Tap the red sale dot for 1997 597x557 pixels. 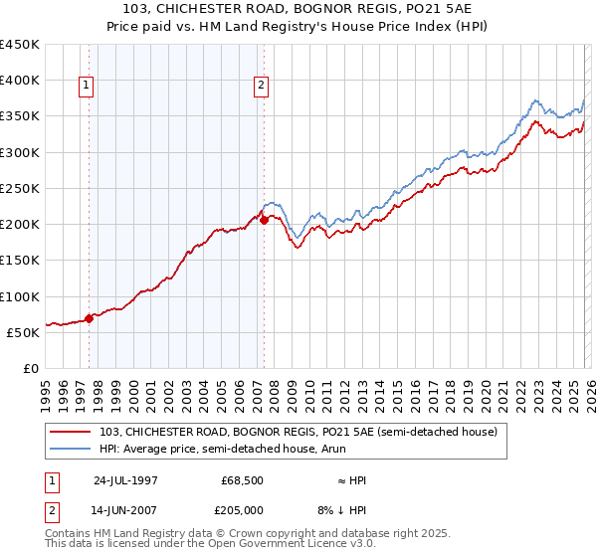(x=90, y=319)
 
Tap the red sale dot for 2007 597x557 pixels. (x=265, y=221)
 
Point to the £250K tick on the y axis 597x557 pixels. (x=21, y=188)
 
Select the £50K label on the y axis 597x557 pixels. (x=24, y=332)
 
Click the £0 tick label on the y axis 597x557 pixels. (x=31, y=368)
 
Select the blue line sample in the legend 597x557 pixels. (x=72, y=449)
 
